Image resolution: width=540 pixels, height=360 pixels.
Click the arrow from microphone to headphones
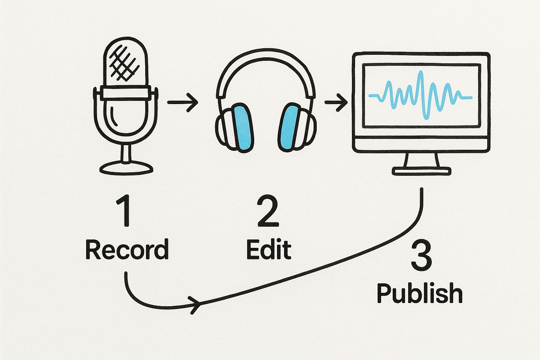coord(182,102)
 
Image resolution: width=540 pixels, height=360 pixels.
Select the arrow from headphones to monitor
coord(336,102)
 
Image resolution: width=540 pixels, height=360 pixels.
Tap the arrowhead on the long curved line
coord(195,304)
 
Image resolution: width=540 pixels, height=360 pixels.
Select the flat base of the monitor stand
coord(422,171)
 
